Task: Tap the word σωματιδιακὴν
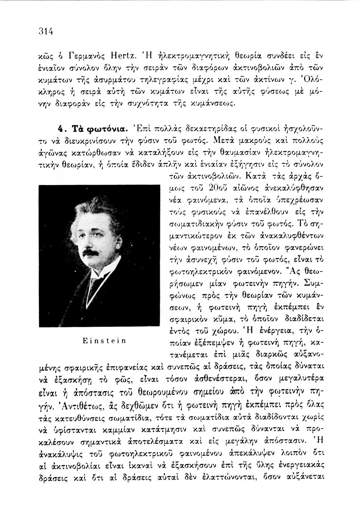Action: click(197, 225)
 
